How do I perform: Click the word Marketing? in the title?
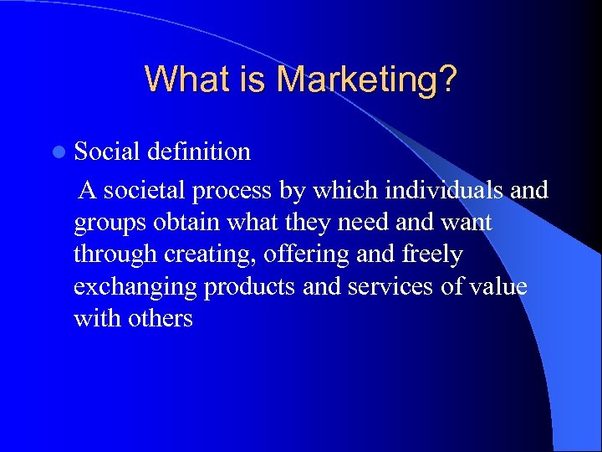click(x=367, y=80)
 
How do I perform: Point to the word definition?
click(x=199, y=152)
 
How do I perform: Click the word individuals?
click(x=444, y=191)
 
